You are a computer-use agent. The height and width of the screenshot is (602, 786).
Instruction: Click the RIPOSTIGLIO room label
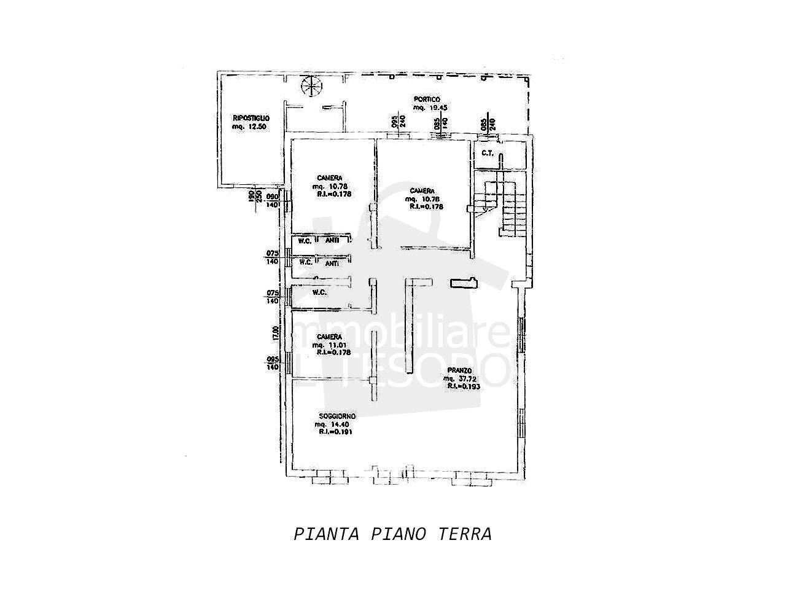[251, 118]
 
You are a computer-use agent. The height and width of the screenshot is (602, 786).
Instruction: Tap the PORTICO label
[427, 99]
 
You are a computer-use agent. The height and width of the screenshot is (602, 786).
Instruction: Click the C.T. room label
[488, 153]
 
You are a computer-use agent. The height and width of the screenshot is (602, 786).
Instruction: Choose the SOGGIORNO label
[333, 416]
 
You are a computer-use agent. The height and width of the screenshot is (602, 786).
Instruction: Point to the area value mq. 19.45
[430, 107]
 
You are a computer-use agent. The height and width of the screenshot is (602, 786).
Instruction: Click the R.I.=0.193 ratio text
[463, 387]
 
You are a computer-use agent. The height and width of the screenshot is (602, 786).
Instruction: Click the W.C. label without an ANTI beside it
[319, 292]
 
